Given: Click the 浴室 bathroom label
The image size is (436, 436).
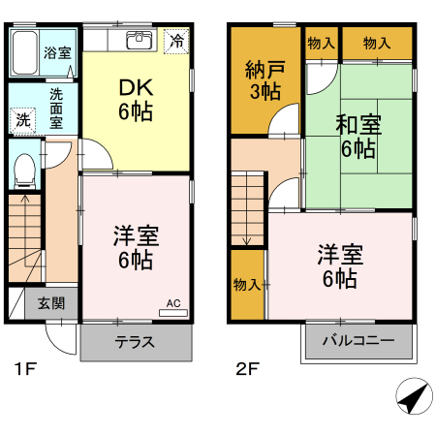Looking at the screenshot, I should click(x=57, y=52).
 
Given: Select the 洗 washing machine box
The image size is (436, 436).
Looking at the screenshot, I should click(x=21, y=121).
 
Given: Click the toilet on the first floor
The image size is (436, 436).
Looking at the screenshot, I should click(x=24, y=169).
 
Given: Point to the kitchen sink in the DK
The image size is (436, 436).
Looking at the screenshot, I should click(x=139, y=40).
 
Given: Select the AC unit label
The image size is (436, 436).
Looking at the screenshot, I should click(x=173, y=302).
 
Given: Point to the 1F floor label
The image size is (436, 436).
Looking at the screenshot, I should click(x=24, y=369).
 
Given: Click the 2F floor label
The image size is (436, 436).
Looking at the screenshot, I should click(x=248, y=369).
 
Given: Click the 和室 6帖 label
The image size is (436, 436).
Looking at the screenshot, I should click(x=357, y=137).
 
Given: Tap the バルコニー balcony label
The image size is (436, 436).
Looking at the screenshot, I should click(x=358, y=341).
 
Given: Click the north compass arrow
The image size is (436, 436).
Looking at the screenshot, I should click(x=414, y=396).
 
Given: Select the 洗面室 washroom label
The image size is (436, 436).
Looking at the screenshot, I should click(x=57, y=109).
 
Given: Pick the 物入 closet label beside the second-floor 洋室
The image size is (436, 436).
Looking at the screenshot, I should click(x=246, y=284).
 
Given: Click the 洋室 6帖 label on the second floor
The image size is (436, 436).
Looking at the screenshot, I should click(x=339, y=266).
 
